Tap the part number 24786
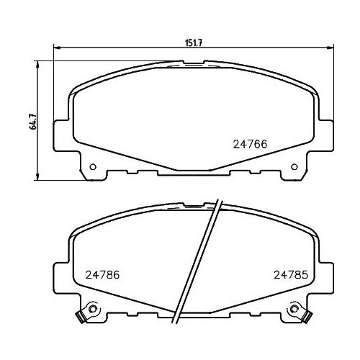[102, 274]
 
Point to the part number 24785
[290, 274]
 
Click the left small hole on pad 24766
[92, 169]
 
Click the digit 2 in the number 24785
[276, 274]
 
